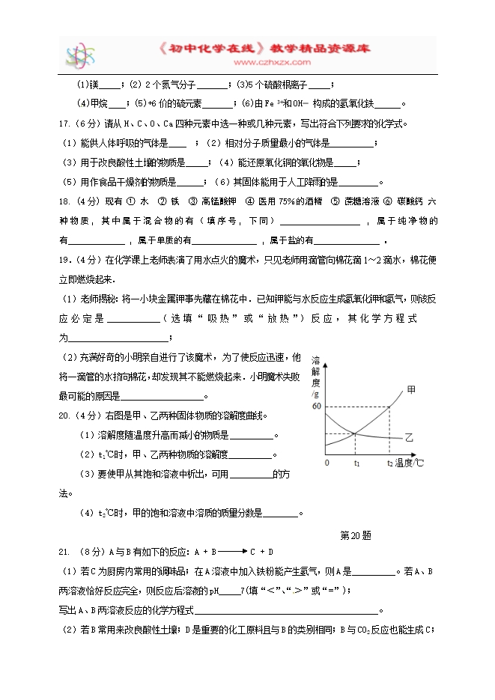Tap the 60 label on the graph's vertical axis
tap(316, 407)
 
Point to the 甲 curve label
tap(411, 390)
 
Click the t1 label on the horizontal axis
tap(356, 464)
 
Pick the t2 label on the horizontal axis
tap(390, 464)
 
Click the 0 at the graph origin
tap(327, 463)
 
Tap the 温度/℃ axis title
tap(410, 463)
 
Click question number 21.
tap(64, 551)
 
